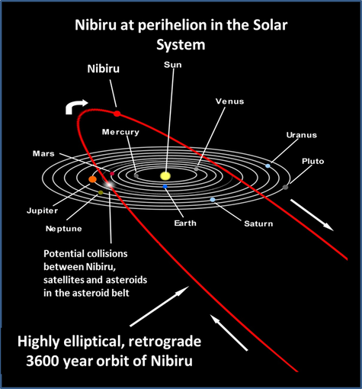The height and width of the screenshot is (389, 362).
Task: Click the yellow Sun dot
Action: [165, 175]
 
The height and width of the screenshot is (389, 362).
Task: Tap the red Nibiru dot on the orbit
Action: [117, 114]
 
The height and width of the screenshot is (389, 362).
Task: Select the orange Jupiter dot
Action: [92, 179]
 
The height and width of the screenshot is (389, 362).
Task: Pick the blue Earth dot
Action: [165, 187]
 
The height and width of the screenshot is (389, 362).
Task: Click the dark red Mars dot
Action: [112, 174]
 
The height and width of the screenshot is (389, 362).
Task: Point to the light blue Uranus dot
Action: [267, 166]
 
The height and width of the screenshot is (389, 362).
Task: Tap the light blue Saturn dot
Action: [213, 200]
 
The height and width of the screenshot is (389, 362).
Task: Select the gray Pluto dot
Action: [285, 188]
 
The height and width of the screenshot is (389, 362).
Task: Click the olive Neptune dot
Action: [101, 193]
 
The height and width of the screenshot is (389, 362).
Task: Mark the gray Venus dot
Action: [196, 169]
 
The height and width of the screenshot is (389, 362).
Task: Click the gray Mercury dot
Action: [136, 175]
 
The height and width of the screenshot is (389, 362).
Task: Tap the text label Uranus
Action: [302, 135]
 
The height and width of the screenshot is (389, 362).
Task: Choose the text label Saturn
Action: [258, 223]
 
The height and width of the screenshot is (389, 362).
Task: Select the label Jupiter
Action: [42, 211]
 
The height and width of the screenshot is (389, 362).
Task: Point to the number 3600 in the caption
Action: [43, 361]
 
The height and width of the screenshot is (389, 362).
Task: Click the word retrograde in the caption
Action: [165, 342]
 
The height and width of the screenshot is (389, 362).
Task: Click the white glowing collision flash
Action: [109, 185]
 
